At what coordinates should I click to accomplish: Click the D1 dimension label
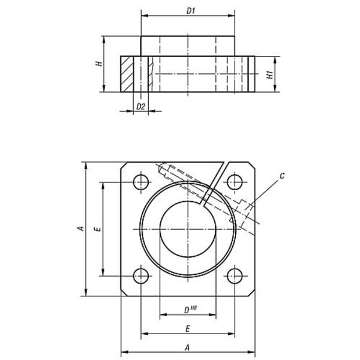coord(191,11)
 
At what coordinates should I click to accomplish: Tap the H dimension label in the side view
coord(99,64)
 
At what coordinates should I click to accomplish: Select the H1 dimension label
coord(270,75)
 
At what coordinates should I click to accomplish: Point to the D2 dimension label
coord(141,107)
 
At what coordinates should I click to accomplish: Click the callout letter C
coord(282,176)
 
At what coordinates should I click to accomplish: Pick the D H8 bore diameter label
coord(191,310)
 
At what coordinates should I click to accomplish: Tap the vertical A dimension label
coord(81,229)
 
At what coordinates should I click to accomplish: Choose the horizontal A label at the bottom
coord(188,348)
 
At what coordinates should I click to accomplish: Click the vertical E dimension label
coord(98,229)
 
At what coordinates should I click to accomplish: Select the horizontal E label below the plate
coord(188,329)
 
